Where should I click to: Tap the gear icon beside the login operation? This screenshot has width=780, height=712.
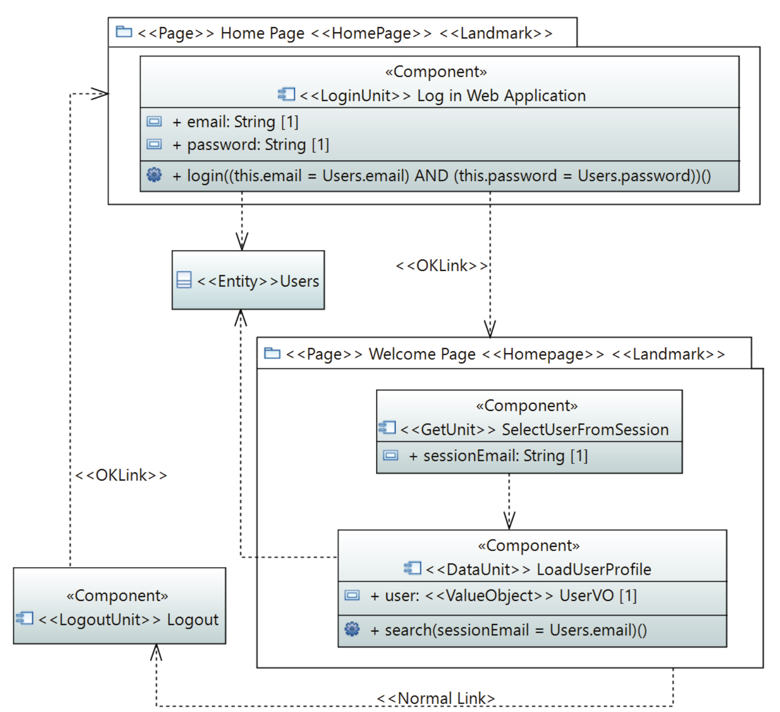[x=154, y=175]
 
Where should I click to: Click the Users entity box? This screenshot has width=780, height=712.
[x=248, y=280]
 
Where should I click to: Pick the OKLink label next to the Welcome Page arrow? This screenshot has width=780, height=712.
[x=441, y=266]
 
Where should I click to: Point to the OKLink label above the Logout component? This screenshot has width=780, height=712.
[x=121, y=475]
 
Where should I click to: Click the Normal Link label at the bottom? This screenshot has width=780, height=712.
[x=435, y=698]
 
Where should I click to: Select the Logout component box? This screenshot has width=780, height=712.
[x=119, y=606]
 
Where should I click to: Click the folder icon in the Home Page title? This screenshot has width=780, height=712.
[x=124, y=32]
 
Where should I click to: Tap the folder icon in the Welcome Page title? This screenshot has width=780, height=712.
[x=272, y=353]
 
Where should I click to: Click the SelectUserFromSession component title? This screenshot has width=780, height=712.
[x=585, y=429]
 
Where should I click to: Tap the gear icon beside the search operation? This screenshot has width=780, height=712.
[x=352, y=629]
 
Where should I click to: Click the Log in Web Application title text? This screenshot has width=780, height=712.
[x=501, y=96]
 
